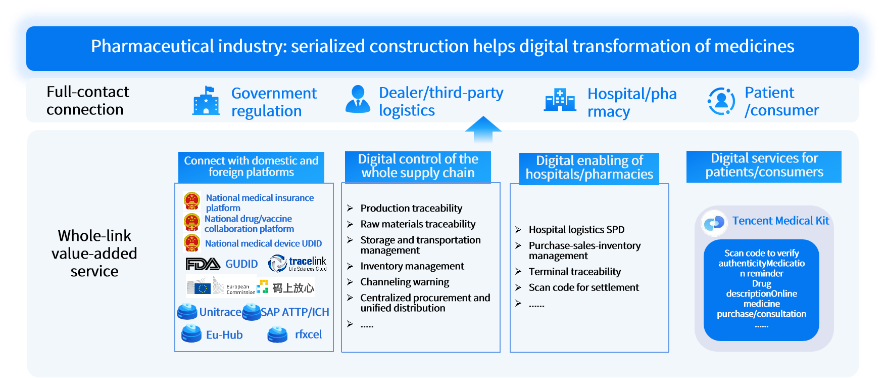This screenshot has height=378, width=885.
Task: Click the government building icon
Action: pos(206,101)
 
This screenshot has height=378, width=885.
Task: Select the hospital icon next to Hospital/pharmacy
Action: pos(560,100)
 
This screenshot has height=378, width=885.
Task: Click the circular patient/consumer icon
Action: pos(721,101)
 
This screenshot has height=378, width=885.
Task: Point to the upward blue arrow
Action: pos(483,130)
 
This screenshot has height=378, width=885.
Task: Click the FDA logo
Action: pos(203,264)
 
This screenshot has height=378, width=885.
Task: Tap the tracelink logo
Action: pos(298,263)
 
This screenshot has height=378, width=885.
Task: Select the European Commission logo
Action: pos(221,287)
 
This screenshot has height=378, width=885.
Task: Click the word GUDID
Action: pos(241,264)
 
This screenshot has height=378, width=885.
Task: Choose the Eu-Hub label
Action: pos(224,335)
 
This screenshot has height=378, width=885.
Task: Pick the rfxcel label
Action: pos(308,334)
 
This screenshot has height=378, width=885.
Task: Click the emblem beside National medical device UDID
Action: pos(192,243)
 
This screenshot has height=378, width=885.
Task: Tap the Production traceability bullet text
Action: pos(411,208)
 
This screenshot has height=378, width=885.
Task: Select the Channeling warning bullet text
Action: pos(405,282)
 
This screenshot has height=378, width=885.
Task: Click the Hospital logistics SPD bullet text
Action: pos(576,230)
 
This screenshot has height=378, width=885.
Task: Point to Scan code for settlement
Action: pos(583,287)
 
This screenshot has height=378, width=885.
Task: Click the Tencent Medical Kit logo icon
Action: pos(714,223)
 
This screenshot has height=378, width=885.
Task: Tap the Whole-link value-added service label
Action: pos(94,253)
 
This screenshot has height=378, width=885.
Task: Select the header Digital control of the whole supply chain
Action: pos(418,166)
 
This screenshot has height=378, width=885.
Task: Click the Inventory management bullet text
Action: pos(412,266)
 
